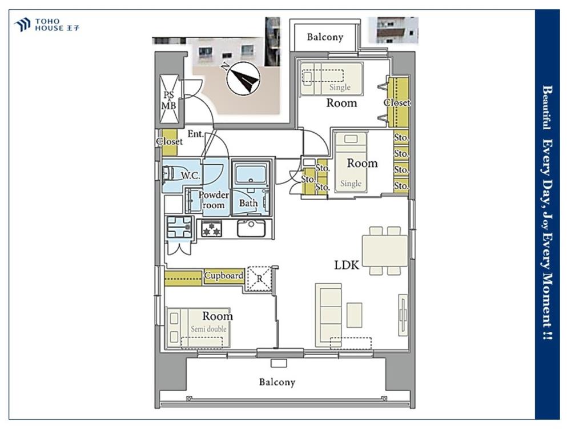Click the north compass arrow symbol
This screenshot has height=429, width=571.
coord(242,78)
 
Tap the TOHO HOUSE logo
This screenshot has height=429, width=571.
coord(46,25)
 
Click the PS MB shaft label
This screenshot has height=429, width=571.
coord(168,100)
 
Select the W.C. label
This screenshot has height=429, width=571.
coord(191,176)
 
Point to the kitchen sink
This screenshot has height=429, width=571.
coord(251,228)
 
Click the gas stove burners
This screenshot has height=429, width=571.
coord(212,229)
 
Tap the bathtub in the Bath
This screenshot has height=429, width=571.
coord(251,174)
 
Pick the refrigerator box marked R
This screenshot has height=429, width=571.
coord(259,279)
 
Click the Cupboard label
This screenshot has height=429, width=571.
coord(224,276)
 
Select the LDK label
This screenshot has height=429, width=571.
coord(347,265)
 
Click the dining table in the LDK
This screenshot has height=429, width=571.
coord(384,251)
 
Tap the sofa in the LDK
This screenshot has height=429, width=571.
coord(328,315)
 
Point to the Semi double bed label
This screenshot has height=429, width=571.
coord(208,329)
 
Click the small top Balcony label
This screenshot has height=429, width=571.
coord(325,37)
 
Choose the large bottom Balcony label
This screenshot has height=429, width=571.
coord(277,382)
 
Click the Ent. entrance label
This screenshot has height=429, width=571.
coord(196,134)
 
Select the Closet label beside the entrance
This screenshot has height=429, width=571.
coord(170,141)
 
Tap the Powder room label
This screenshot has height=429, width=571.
coord(214,200)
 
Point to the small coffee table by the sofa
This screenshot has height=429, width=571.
coord(355,315)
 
